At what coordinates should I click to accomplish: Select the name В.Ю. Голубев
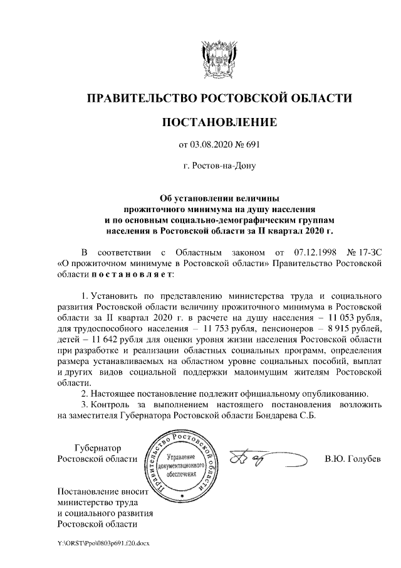coord(353,459)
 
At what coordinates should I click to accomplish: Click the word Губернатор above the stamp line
coord(97,447)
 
